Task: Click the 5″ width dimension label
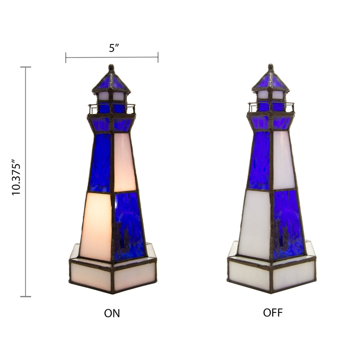(x=114, y=48)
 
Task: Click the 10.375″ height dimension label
(x=16, y=177)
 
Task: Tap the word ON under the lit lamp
(x=112, y=313)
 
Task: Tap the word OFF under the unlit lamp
(x=273, y=313)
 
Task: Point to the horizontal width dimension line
(x=112, y=57)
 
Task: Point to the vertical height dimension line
(x=25, y=182)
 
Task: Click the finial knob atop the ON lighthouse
(x=111, y=68)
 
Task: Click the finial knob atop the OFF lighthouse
(x=271, y=67)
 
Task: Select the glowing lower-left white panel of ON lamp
(x=96, y=226)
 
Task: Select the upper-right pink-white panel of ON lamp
(x=124, y=162)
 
